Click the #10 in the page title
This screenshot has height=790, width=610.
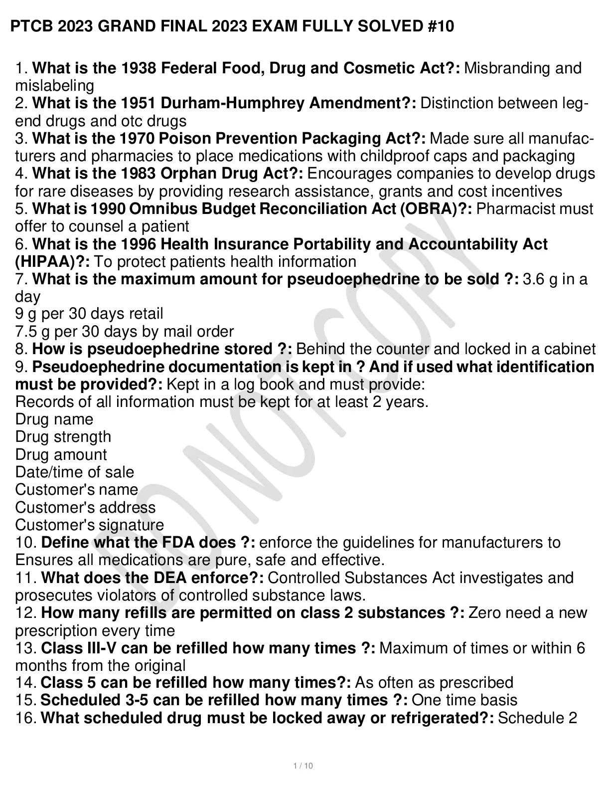pos(441,26)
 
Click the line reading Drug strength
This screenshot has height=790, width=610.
pos(63,437)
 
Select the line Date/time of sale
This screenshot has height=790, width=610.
pos(75,472)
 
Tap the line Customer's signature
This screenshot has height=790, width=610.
pos(90,525)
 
